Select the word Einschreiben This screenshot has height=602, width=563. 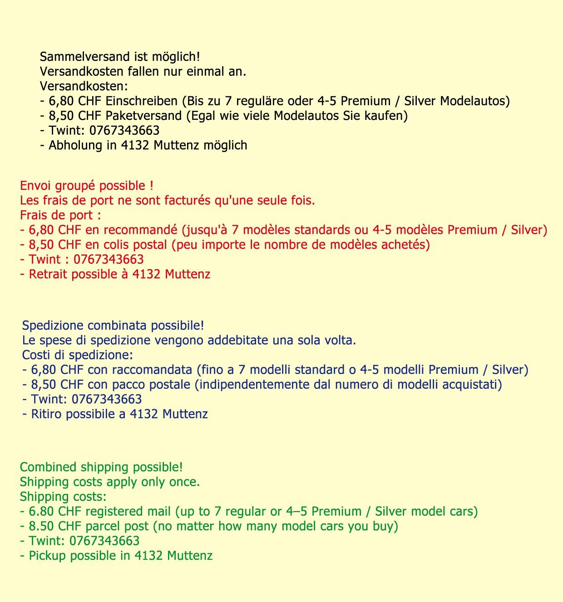click(x=141, y=101)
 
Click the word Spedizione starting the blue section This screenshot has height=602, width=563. click(x=53, y=326)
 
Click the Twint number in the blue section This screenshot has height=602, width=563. click(x=107, y=400)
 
